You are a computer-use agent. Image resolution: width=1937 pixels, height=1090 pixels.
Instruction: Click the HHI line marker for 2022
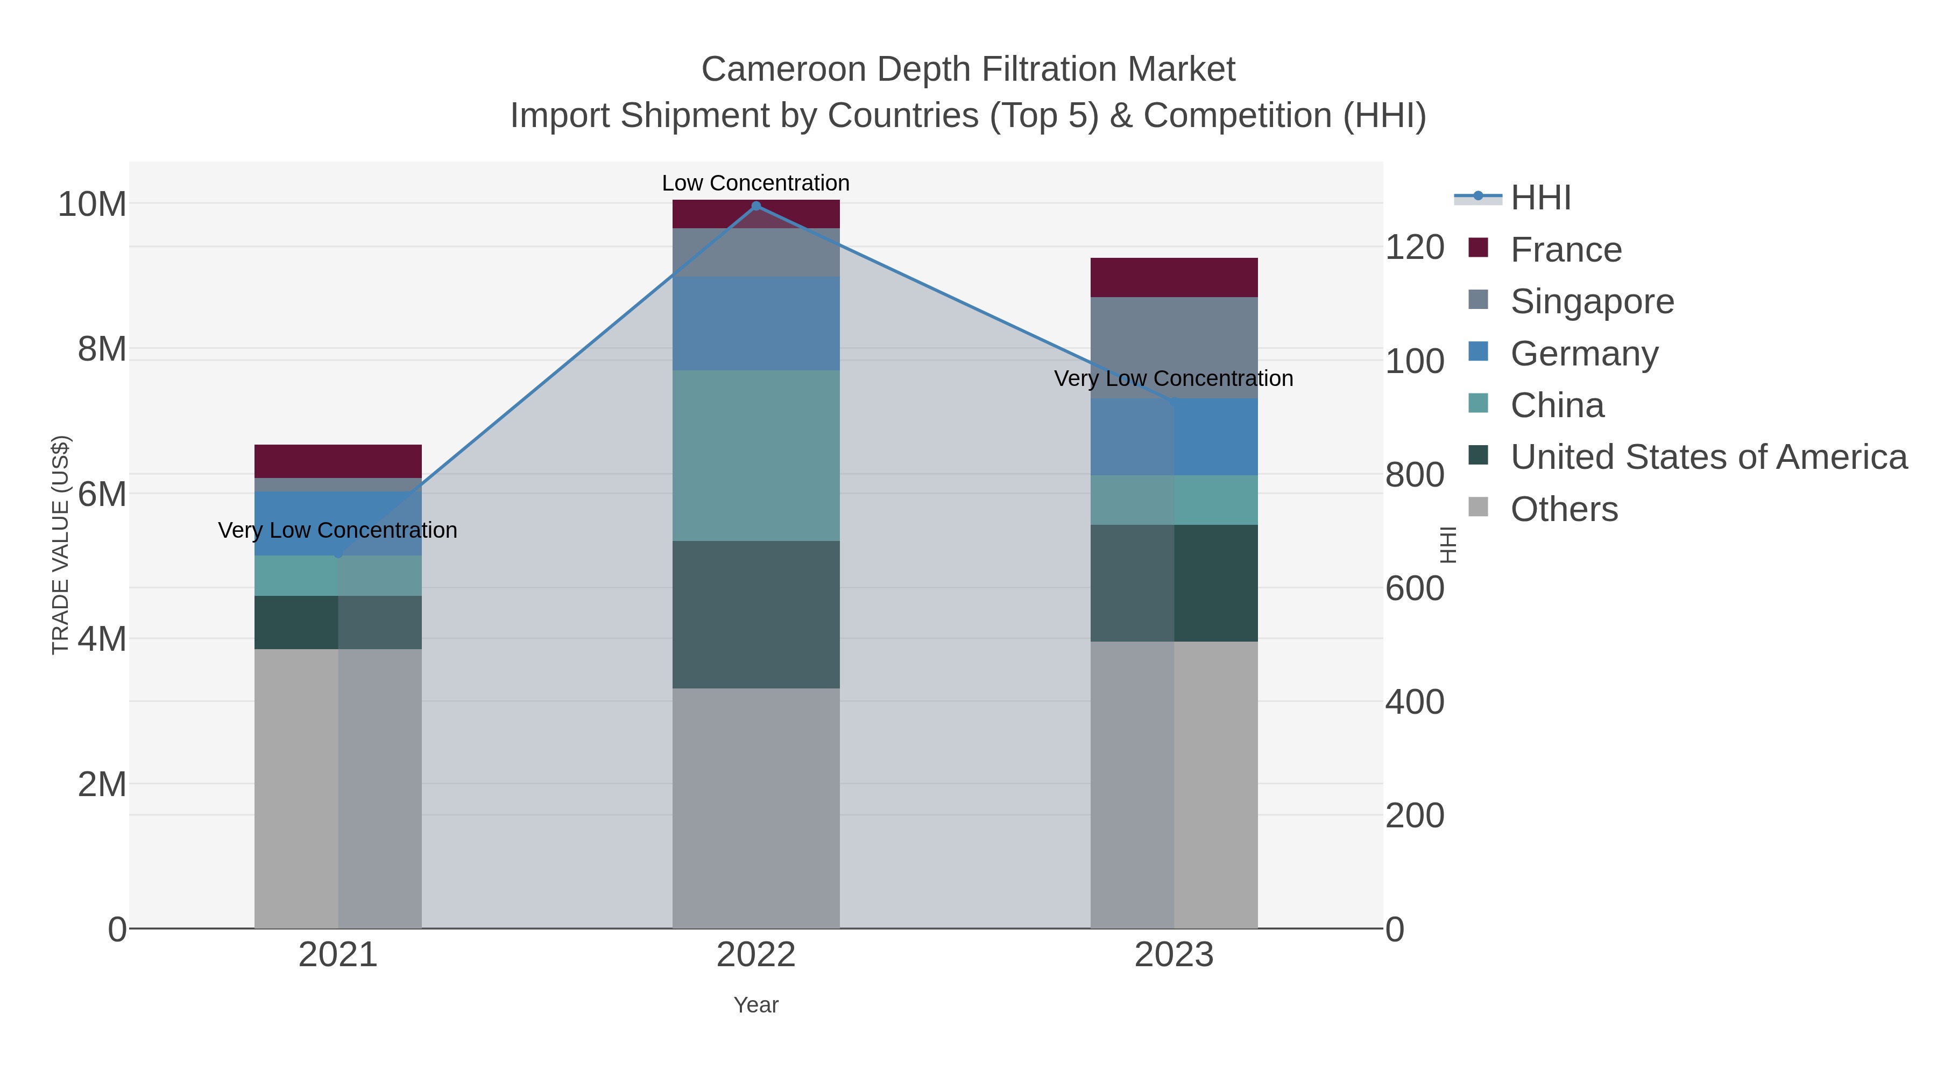[x=756, y=206]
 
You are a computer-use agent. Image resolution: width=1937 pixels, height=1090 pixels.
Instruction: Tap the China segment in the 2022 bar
[x=756, y=455]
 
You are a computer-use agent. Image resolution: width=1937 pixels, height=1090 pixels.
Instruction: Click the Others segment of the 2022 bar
[x=756, y=808]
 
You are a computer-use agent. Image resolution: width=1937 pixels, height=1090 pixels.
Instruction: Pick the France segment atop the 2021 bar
[x=337, y=461]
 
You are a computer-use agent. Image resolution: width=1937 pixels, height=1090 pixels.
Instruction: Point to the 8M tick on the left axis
[x=102, y=349]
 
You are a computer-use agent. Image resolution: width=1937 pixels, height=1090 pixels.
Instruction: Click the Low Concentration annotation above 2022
[x=756, y=183]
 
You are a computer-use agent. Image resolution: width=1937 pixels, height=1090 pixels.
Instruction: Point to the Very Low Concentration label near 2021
[x=337, y=530]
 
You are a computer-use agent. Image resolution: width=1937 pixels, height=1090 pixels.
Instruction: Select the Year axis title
[x=756, y=1005]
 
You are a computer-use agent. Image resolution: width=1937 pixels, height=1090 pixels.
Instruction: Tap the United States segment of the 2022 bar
[x=756, y=615]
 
